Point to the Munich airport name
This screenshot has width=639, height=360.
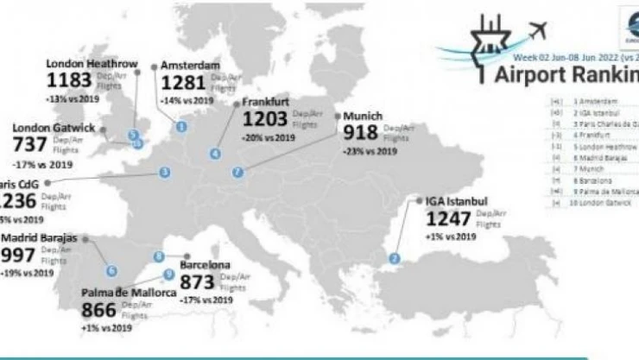point(363,115)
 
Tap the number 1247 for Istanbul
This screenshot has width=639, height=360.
point(448,219)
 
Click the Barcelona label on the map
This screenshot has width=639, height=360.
point(205,264)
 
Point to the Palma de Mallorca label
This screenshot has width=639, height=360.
point(130,294)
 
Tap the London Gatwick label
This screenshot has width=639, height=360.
point(53,128)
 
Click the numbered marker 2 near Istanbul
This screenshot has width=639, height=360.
point(395,257)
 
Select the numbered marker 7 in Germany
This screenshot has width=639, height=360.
point(237,171)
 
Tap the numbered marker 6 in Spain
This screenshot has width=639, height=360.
point(111,270)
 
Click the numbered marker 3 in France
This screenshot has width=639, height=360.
point(164,173)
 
